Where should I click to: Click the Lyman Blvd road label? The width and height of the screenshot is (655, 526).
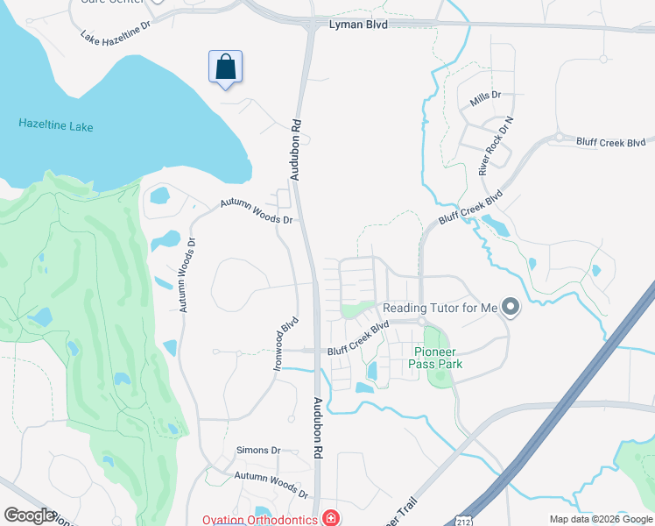tap(357, 25)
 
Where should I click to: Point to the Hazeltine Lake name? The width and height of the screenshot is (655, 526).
tap(56, 126)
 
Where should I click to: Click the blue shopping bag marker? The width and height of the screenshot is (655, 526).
tap(225, 68)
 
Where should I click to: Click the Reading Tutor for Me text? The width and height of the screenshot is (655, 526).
tap(440, 308)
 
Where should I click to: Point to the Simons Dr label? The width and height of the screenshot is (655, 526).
tap(258, 450)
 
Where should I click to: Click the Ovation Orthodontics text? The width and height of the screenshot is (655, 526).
tap(260, 519)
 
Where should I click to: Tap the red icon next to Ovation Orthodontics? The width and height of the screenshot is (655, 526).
tap(330, 518)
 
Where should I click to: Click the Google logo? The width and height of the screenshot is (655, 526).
tap(29, 515)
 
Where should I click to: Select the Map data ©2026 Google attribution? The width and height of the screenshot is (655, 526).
tap(600, 519)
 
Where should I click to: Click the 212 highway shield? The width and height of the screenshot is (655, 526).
tap(461, 521)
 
